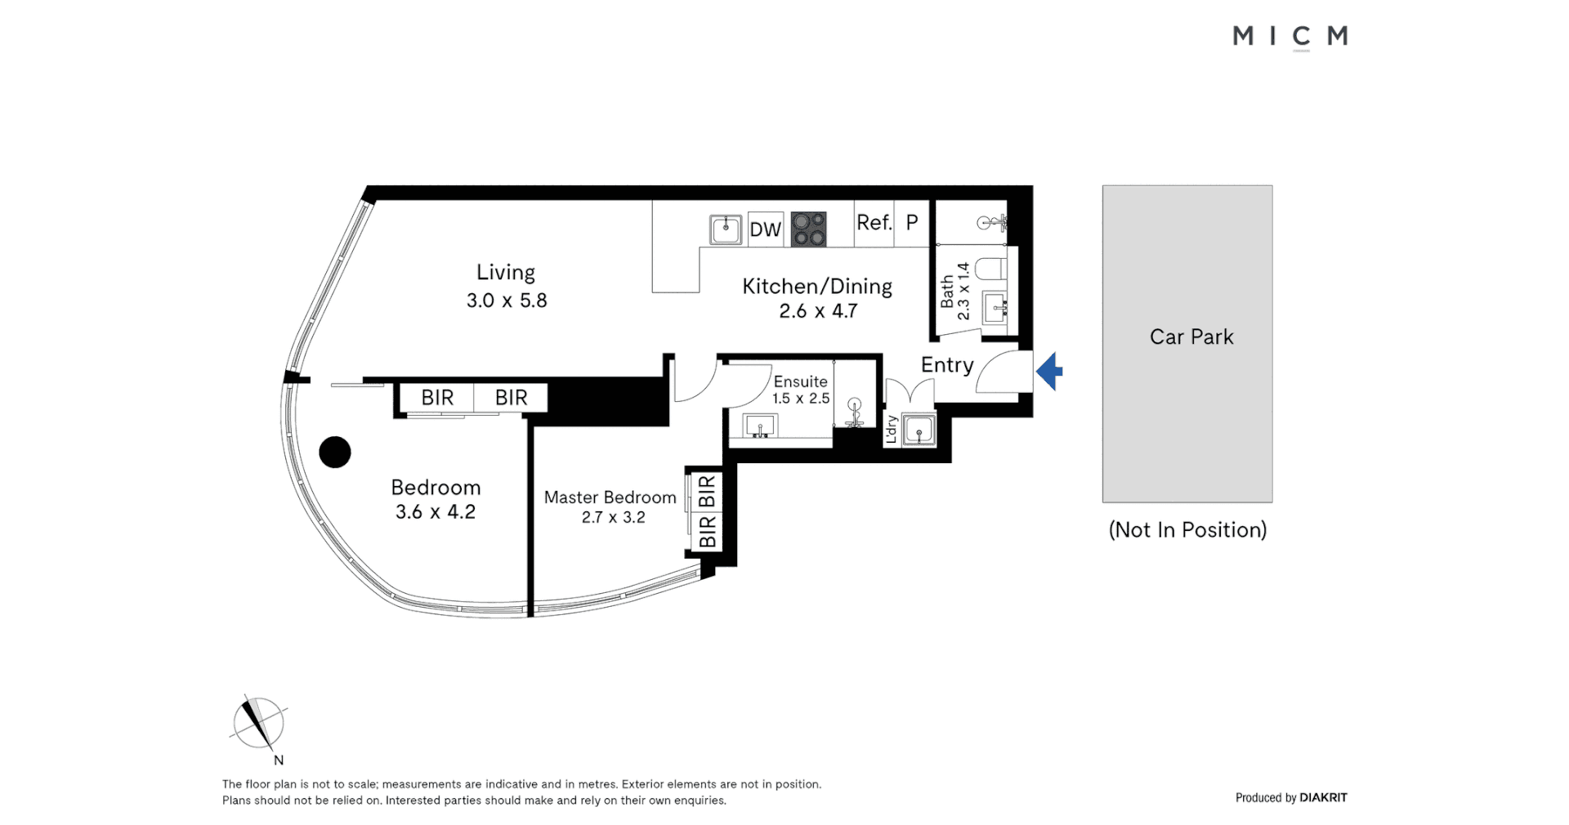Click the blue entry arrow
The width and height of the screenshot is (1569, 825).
tap(1050, 372)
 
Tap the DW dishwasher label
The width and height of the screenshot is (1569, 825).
tap(765, 230)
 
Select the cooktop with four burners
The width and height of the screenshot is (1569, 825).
tap(808, 229)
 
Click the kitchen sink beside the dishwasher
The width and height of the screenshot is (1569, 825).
tap(725, 230)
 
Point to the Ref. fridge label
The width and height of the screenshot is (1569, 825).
tap(874, 222)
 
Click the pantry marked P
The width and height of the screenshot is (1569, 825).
tap(912, 222)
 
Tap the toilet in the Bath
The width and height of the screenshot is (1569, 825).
tap(991, 269)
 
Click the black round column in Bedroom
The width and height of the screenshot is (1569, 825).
tap(334, 452)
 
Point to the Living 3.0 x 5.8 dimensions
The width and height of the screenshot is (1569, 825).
tap(507, 301)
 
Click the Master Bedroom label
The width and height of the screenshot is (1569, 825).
tap(610, 497)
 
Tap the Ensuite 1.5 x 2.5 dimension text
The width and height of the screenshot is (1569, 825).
tap(801, 399)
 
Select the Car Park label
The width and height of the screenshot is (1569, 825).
tap(1191, 337)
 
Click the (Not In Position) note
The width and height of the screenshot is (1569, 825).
tap(1187, 530)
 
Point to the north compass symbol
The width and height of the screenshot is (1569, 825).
tap(259, 724)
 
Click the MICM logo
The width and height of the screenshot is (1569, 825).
tap(1290, 37)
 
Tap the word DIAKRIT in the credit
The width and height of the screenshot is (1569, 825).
tap(1323, 797)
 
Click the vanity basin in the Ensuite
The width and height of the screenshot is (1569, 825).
tap(761, 426)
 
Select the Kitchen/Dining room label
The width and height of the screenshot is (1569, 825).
tap(816, 287)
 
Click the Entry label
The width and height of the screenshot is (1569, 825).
tap(946, 365)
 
